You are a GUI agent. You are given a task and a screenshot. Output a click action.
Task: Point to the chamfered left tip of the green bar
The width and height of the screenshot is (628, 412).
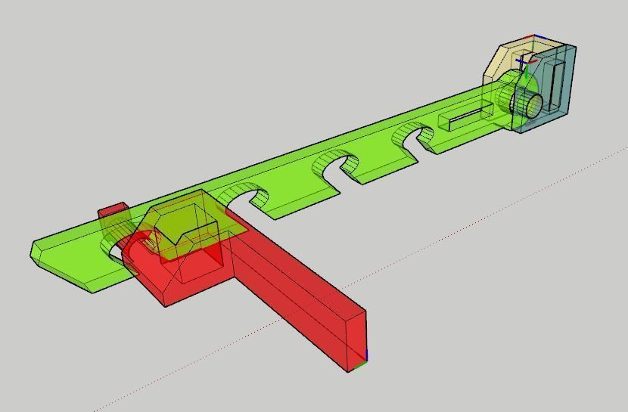(x=38, y=251)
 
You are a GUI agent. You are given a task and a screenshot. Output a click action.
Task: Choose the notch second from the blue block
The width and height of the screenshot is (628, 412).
(x=336, y=164)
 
